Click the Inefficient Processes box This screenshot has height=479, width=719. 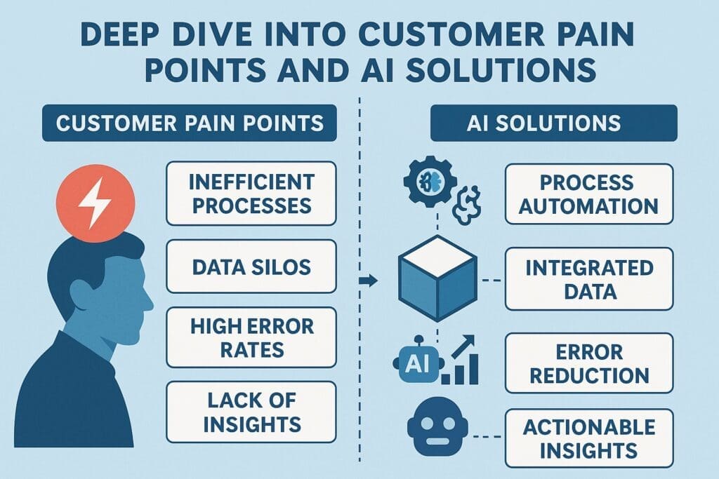tap(251, 194)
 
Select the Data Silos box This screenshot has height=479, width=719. tap(251, 267)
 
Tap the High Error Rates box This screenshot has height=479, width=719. tap(251, 337)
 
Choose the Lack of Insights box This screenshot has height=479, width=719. tap(251, 413)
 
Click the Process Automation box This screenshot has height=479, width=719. tap(589, 194)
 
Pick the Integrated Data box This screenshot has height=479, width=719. tap(589, 278)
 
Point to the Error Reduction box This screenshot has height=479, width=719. tap(589, 363)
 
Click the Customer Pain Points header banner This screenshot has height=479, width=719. tap(190, 123)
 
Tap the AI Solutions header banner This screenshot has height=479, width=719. tap(554, 123)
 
